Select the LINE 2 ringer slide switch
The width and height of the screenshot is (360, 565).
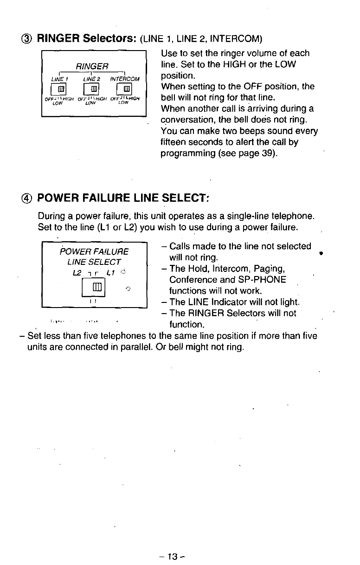pyautogui.click(x=93, y=89)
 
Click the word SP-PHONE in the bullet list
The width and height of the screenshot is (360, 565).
pyautogui.click(x=266, y=280)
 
